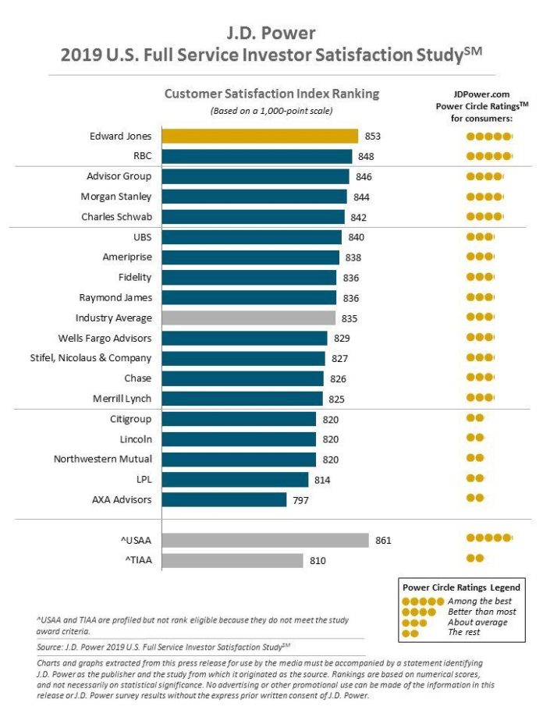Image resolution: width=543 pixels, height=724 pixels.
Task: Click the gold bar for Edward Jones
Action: coord(259,136)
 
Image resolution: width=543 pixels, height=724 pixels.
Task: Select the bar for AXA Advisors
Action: coord(224,499)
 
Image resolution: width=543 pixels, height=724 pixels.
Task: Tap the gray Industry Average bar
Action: coord(248,318)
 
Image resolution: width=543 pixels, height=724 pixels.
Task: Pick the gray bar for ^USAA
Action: coord(265,540)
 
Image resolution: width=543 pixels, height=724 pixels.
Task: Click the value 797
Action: coord(300,499)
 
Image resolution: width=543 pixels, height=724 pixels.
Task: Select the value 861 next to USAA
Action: coord(382,540)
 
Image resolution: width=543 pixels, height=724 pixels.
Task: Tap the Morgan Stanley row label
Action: coord(116,197)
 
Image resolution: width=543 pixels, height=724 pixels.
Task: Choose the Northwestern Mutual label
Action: coord(103,459)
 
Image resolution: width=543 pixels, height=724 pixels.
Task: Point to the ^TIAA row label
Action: coord(133,560)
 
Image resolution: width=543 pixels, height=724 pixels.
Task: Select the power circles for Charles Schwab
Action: coord(484,216)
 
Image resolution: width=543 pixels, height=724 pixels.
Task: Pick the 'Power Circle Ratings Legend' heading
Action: coord(460,587)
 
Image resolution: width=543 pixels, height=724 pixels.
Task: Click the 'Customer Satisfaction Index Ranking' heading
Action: coord(271,94)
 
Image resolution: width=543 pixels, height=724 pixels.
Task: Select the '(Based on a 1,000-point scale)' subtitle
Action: coord(271,111)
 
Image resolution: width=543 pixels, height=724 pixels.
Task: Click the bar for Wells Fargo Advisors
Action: coord(244,338)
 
